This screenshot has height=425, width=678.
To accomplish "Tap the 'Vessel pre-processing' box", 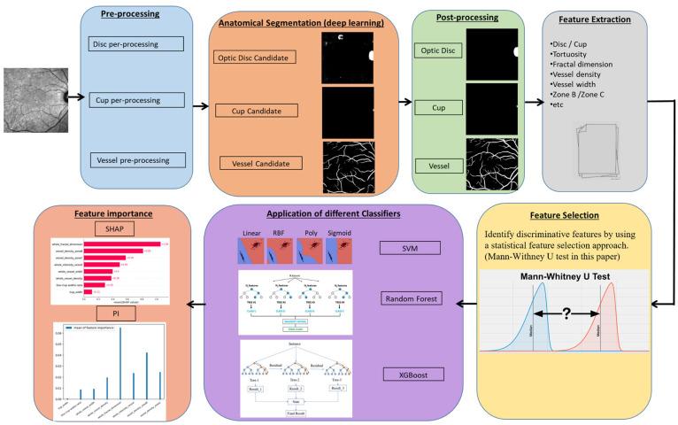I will pyautogui.click(x=137, y=159).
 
